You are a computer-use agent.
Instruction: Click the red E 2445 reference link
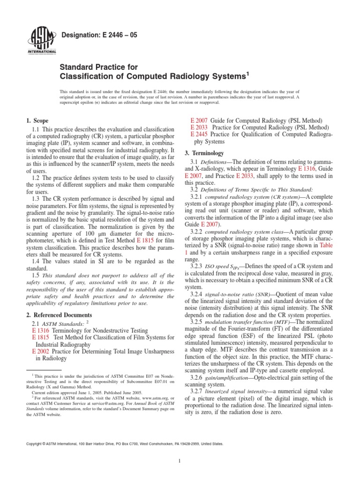pos(200,134)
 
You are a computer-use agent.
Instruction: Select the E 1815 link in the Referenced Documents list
pos(41,337)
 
